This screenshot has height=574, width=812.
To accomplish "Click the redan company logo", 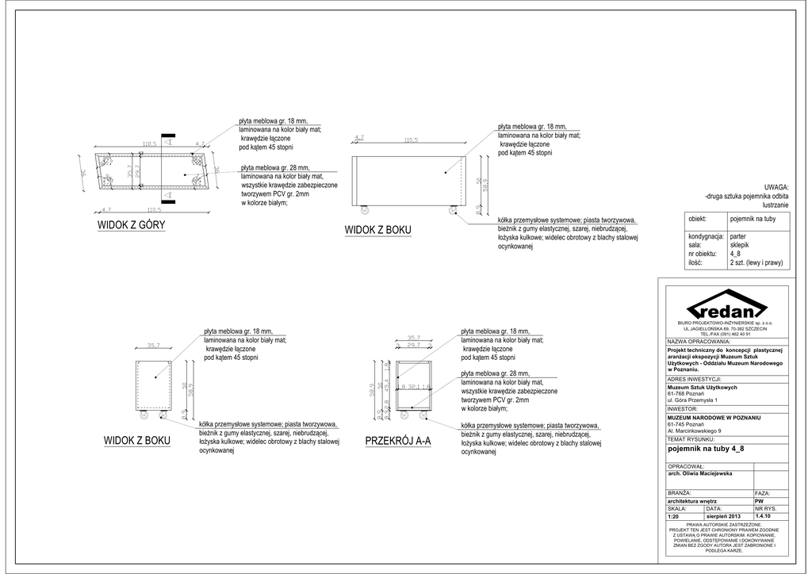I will [724, 307].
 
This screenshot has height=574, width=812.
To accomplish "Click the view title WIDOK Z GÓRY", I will [131, 225].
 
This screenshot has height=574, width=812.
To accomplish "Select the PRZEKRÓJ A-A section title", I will [397, 441].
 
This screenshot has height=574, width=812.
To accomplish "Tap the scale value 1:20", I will [675, 516].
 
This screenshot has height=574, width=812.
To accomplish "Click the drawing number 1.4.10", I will [765, 516].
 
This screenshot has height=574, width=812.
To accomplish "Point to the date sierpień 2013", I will [722, 516].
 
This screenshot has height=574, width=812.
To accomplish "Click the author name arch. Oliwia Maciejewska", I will [701, 473].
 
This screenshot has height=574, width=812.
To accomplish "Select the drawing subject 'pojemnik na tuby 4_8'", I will [707, 448].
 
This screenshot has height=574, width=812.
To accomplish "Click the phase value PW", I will [759, 501].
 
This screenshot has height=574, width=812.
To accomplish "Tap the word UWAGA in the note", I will [776, 186].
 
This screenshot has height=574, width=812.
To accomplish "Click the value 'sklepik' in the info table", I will [739, 245].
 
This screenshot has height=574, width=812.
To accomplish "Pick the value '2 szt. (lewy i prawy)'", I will [756, 262].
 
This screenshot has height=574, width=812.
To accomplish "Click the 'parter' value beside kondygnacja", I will [737, 236].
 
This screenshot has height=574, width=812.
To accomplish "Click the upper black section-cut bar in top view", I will [167, 140].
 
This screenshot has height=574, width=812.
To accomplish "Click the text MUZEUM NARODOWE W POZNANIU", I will [714, 417].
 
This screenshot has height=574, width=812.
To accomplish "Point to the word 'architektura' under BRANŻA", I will [687, 501].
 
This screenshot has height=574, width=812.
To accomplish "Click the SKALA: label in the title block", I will [679, 508].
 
